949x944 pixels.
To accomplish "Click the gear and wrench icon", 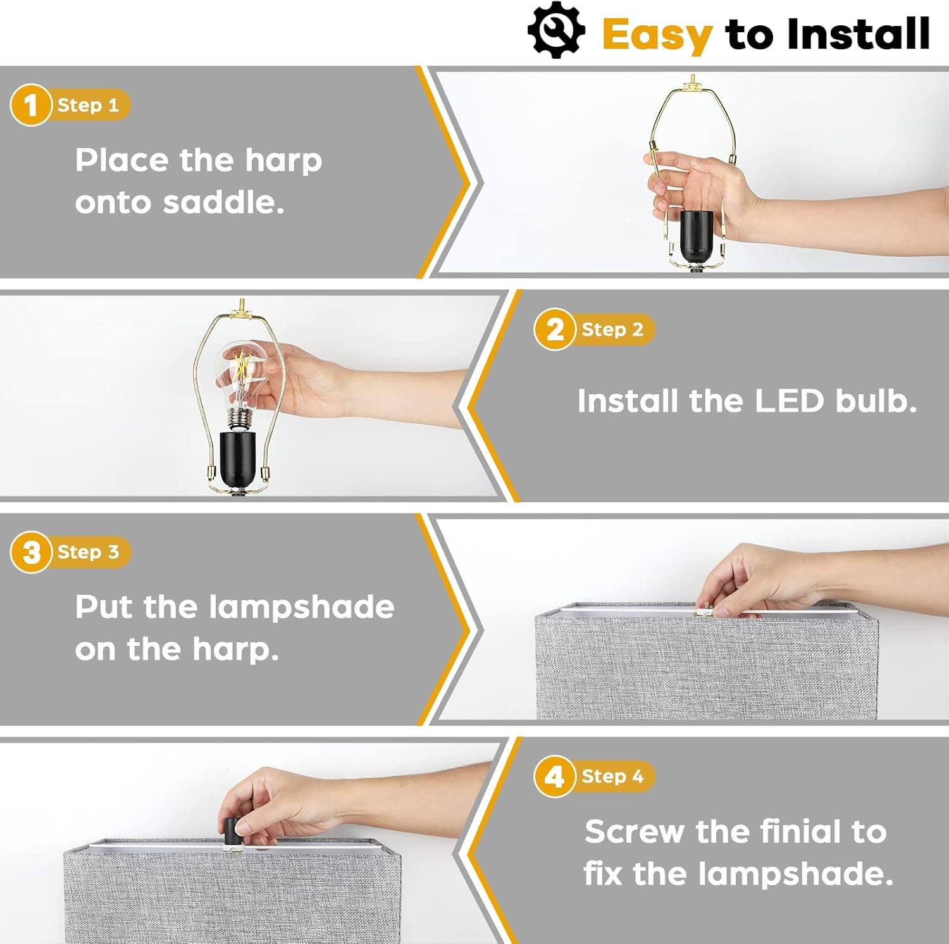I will [x=555, y=30].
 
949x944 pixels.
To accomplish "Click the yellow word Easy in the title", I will [x=657, y=35].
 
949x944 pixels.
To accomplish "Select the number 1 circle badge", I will [x=30, y=105].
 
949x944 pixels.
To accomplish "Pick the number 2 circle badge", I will [x=554, y=330].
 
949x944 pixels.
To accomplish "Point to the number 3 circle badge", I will [x=30, y=552].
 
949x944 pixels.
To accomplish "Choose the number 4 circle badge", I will [x=554, y=776].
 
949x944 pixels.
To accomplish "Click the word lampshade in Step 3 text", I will [x=301, y=607].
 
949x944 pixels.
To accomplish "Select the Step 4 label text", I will [x=612, y=776].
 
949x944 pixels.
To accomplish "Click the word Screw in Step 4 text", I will [x=634, y=831].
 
